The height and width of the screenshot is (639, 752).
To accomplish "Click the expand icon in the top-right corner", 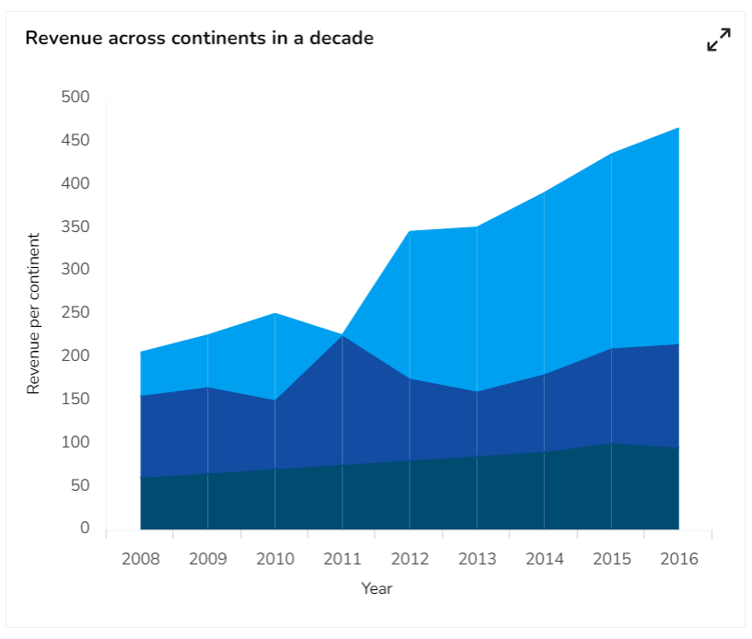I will (718, 40).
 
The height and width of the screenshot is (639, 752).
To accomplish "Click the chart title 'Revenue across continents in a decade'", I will (199, 39).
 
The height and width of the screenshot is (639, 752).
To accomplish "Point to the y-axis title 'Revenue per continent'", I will (34, 314).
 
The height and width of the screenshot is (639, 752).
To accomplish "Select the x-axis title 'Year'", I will (376, 588).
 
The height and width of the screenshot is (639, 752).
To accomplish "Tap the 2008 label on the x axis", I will (140, 559).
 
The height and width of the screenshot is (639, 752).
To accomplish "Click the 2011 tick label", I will (342, 559).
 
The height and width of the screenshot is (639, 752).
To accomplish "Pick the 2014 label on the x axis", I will (544, 559).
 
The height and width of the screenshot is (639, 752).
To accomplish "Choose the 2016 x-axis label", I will (679, 559).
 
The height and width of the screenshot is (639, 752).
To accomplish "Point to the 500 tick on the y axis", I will (75, 98).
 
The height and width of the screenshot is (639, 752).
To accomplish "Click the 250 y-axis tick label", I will (75, 313).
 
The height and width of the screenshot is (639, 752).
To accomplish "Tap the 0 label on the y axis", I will (85, 529).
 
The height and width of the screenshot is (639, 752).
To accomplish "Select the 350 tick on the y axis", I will (75, 227).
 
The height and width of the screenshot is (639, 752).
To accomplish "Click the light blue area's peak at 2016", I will (678, 128).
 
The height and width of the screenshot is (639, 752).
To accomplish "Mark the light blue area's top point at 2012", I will (410, 231).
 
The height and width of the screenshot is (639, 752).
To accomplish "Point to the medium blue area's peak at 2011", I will (342, 335).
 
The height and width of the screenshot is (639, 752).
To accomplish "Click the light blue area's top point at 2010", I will (275, 314).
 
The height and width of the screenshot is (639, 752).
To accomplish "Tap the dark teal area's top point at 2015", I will (611, 444).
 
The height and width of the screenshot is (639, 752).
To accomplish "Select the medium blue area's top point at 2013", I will (477, 391).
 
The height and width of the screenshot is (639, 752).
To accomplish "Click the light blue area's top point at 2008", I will (141, 353).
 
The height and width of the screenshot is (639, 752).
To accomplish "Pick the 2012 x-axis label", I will (410, 559).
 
